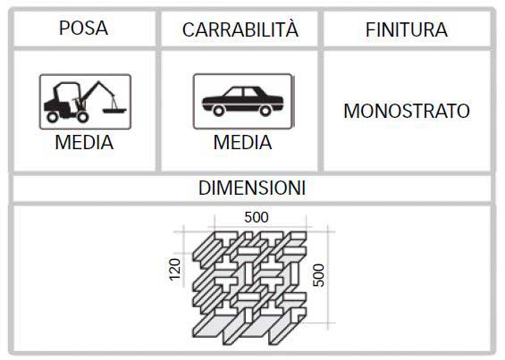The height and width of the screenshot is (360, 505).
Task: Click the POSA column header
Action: click(x=83, y=28)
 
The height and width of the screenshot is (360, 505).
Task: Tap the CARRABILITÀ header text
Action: click(x=240, y=29)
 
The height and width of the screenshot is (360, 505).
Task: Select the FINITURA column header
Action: click(x=407, y=30)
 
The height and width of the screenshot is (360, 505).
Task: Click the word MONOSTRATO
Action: click(x=407, y=111)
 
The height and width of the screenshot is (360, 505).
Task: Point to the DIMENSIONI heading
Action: click(x=252, y=188)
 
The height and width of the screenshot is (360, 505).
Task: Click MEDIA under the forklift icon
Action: click(x=84, y=142)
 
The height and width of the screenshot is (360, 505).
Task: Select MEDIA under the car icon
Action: click(x=242, y=142)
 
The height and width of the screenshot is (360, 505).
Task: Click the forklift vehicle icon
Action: click(x=85, y=102)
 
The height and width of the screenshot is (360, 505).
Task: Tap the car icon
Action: click(x=243, y=101)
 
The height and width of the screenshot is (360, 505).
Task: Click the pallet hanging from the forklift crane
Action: click(x=114, y=111)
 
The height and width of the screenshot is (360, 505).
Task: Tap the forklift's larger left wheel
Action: click(x=53, y=116)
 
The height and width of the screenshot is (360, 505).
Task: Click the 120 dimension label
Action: click(x=175, y=270)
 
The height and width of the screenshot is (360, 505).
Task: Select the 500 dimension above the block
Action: click(x=257, y=217)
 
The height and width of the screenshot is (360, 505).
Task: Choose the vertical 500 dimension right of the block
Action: click(x=319, y=275)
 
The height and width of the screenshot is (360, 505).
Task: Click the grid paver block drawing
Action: click(x=249, y=288)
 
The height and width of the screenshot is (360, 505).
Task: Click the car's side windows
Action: click(x=242, y=92)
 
